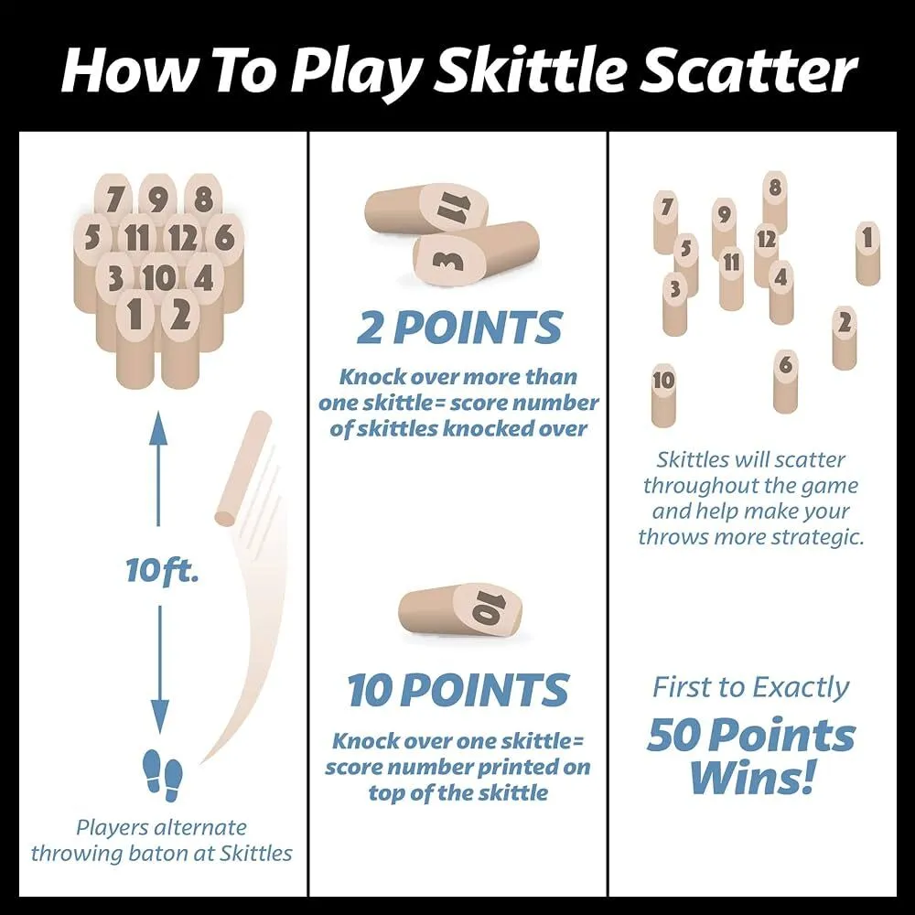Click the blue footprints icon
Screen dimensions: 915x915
pos(163,775)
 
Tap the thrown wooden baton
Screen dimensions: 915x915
pos(243,468)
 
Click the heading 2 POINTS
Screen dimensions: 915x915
pos(459,328)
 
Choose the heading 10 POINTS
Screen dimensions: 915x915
pos(458,690)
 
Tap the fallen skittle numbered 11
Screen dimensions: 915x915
pos(426,212)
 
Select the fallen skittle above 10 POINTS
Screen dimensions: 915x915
pos(460,611)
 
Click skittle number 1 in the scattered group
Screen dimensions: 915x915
pos(867,253)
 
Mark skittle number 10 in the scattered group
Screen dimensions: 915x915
pos(663,395)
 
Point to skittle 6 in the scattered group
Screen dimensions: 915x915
pos(785,382)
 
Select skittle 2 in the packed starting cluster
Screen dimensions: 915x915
pos(180,339)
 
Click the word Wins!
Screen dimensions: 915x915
pos(751,777)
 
